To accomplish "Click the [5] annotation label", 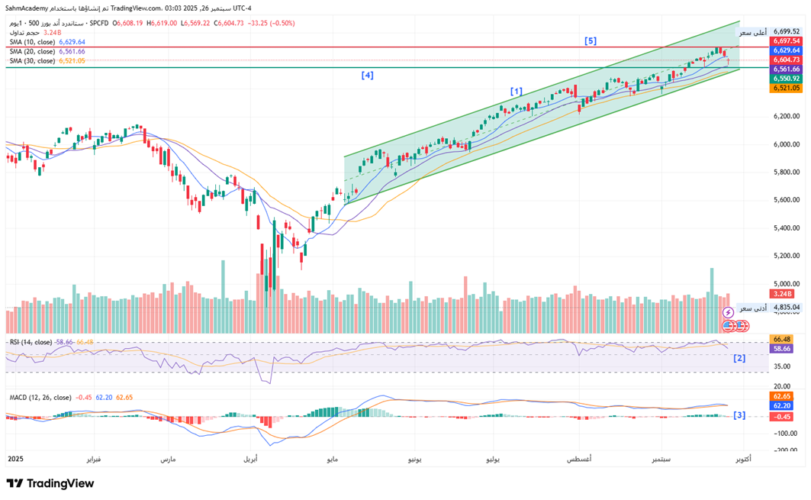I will coord(591,40).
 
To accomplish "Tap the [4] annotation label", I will coord(367,76).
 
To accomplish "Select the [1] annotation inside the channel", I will coord(517,92).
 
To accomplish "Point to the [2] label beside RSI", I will coord(739,358).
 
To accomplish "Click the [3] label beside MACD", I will coord(739,415).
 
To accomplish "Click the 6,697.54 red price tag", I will coord(786,41).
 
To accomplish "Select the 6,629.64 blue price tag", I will coord(786,50).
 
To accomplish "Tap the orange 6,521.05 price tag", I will coord(786,88).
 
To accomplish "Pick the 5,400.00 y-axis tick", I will coord(785,227).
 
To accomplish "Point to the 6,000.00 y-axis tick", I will coord(785,144).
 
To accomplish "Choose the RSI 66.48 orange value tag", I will coord(781,338).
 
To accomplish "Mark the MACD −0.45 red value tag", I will coord(781,417).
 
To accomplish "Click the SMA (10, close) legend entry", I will coord(32,42).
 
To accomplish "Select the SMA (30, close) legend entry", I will coord(32,60).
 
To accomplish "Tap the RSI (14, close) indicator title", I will coord(30,342).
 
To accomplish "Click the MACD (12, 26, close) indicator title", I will coord(39,397).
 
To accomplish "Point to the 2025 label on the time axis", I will coord(15,460).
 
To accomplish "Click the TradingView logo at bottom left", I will coord(50,483).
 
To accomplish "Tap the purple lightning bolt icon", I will coord(728,313).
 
